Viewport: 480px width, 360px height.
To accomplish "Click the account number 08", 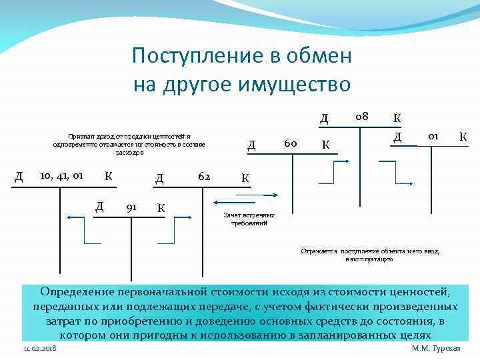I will (x=362, y=117).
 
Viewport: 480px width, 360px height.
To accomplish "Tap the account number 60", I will (x=290, y=143).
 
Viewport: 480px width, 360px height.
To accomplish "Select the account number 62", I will (x=205, y=177).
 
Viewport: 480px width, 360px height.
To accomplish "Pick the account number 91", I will (x=131, y=206).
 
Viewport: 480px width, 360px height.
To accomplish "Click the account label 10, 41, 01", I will (x=61, y=176).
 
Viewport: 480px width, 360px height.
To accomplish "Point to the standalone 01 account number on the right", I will (x=433, y=136).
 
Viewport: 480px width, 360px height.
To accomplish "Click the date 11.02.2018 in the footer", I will (x=40, y=349).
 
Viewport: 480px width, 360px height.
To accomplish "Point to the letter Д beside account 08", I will (x=324, y=119).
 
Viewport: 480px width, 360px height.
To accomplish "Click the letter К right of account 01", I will (x=463, y=137).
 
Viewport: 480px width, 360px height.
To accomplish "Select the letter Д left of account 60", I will (x=251, y=145).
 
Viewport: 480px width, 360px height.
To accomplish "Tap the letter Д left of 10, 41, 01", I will (x=19, y=177).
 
